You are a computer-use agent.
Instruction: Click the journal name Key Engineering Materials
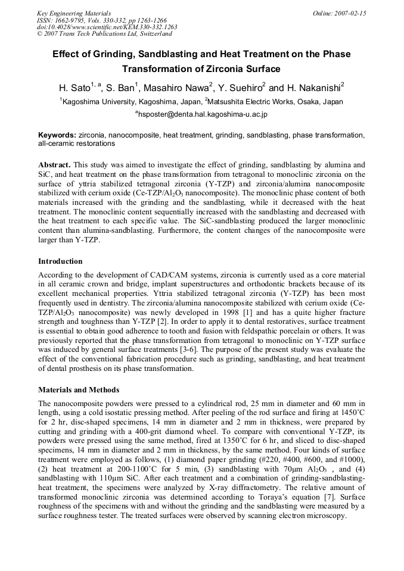[74, 13]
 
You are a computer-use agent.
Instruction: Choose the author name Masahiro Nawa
[176, 88]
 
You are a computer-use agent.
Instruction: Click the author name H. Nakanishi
[310, 88]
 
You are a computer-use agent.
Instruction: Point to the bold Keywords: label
[57, 136]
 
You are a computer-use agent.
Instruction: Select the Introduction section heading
[60, 261]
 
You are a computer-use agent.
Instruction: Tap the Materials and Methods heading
[77, 389]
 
